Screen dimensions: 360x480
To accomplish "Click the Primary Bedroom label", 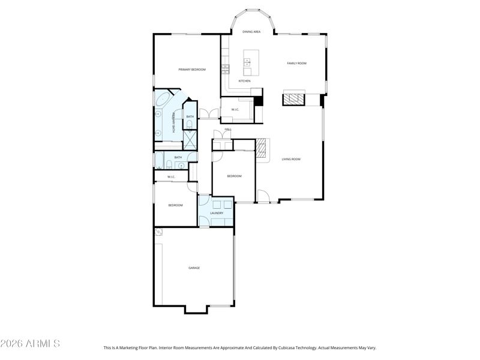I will tap(192, 70).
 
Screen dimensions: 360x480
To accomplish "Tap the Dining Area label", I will tap(251, 31).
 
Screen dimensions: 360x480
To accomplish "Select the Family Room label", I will tap(296, 63).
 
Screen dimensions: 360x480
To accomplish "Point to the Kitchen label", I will tap(244, 81).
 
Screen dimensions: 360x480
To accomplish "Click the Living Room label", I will tap(291, 159).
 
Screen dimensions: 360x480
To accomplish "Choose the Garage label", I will tap(194, 268).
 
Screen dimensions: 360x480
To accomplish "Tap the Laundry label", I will tap(217, 213).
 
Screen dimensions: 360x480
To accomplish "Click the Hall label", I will tap(228, 129).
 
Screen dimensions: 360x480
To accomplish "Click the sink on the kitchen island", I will tap(247, 62).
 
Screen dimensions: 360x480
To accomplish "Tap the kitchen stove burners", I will tap(226, 69).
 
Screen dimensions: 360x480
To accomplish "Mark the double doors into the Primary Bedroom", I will tap(209, 113).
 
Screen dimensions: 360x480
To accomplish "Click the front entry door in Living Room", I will tap(263, 196).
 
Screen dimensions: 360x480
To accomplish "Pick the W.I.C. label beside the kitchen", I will tap(235, 109).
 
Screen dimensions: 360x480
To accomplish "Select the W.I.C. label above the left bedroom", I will tap(171, 176).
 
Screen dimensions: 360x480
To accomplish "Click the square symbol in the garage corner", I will tap(158, 232).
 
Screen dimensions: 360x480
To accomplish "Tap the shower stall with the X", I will tap(190, 140).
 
